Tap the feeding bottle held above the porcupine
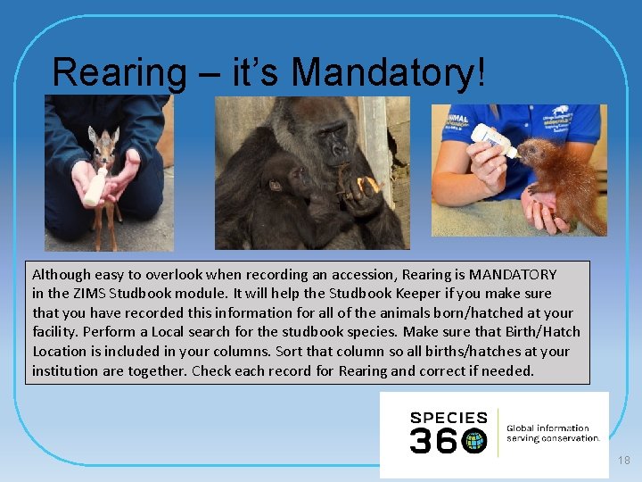[x=495, y=142]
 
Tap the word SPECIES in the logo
[x=448, y=418]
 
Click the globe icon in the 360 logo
[x=474, y=441]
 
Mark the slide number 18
[x=623, y=460]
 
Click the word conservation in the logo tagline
[x=565, y=437]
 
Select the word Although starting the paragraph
[x=65, y=274]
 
